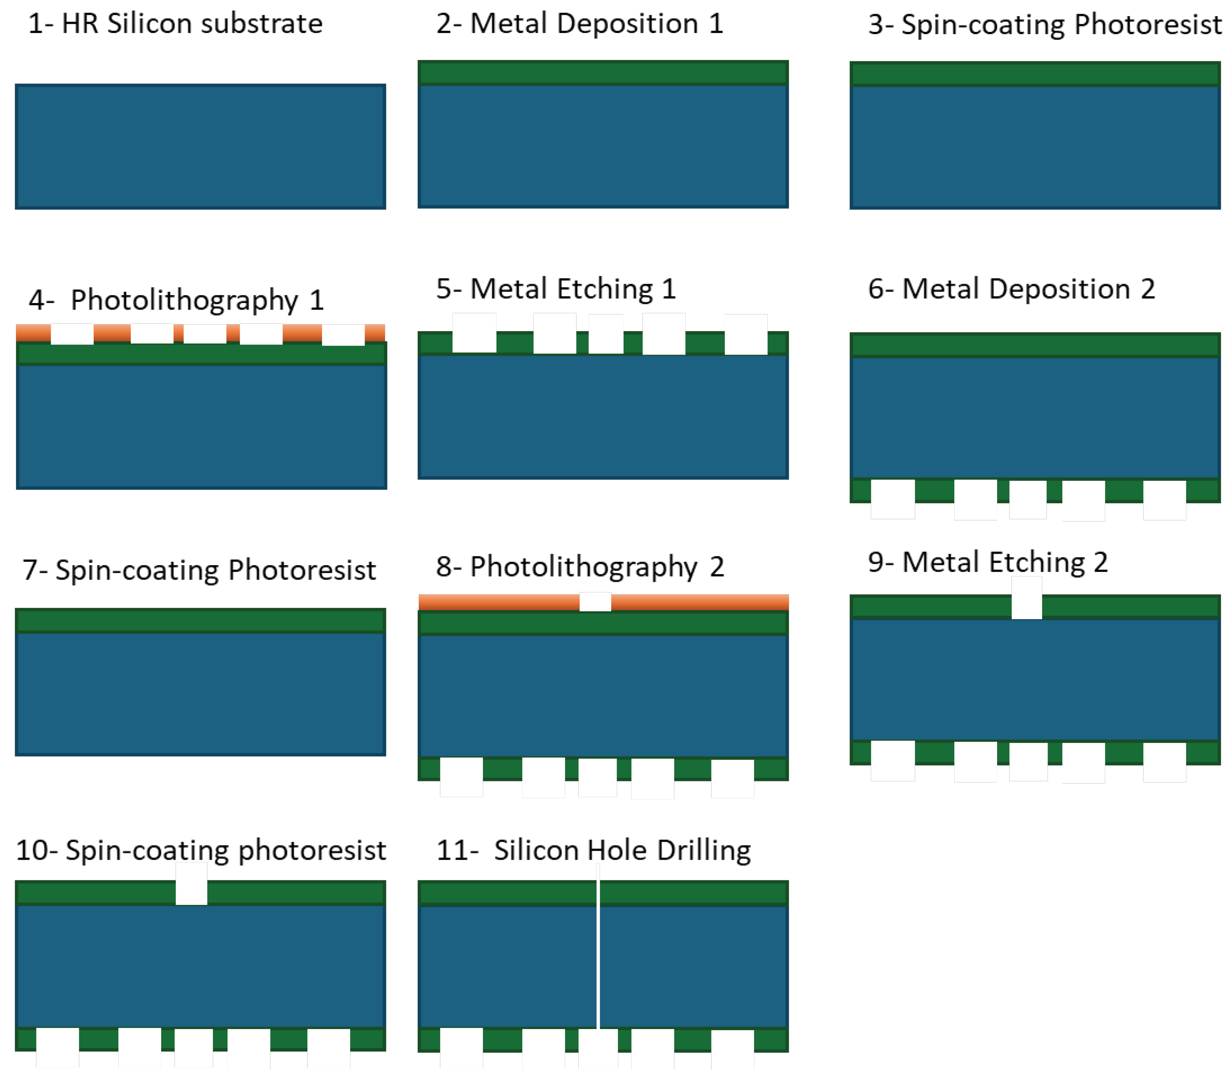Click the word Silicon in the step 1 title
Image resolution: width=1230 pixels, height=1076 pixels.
[149, 24]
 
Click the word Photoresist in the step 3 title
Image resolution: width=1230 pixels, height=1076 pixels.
[1147, 25]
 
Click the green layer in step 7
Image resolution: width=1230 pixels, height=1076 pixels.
[200, 621]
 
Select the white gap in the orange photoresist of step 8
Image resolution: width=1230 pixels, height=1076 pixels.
[594, 602]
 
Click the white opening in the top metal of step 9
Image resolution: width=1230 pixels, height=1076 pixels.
[1026, 598]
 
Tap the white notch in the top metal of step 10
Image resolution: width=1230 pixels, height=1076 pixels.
[191, 884]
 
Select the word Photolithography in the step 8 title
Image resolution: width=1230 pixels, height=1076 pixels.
[583, 567]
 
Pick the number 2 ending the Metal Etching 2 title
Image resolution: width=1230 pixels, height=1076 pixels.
[1100, 562]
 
